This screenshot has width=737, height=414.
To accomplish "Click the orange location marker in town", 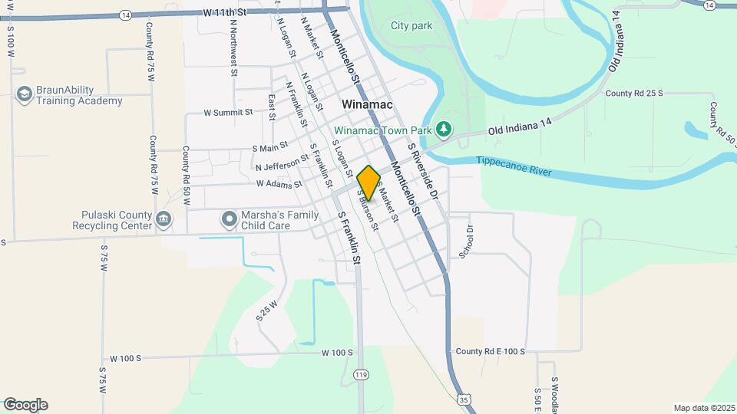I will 368,183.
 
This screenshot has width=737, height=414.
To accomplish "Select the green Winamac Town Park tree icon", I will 443,127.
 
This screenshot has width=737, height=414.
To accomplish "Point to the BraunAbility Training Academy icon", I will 24,94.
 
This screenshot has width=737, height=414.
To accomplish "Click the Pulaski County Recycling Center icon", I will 163,220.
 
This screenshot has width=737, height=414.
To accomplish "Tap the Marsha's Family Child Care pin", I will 229,220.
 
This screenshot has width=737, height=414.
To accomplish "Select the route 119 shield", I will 362,374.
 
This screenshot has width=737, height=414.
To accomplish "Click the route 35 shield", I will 462,399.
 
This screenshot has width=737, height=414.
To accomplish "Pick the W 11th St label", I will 225,13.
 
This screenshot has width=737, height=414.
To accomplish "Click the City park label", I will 411,25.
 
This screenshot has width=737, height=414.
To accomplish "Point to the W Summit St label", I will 228,113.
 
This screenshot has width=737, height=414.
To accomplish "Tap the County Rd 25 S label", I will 633,94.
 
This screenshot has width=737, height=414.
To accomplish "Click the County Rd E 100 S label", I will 490,351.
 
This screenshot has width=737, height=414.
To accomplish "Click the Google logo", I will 25,405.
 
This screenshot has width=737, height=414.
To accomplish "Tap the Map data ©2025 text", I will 703,408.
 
